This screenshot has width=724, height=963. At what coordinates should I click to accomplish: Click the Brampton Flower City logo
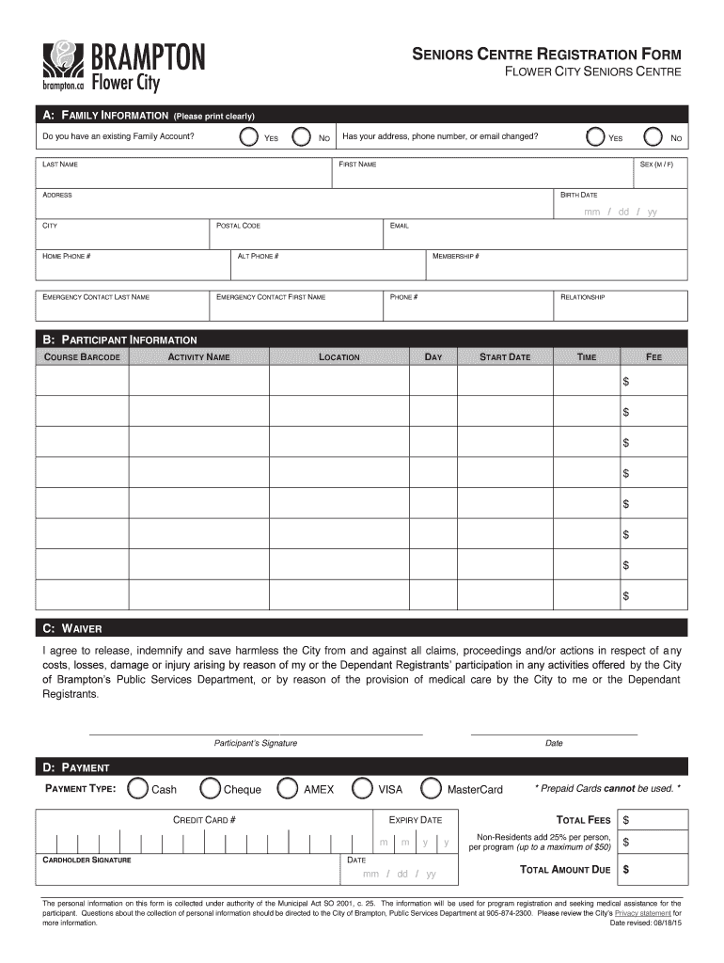click(x=121, y=66)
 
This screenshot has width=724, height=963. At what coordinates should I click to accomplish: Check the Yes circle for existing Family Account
click(x=248, y=137)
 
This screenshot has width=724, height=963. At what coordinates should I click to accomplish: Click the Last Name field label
click(x=60, y=165)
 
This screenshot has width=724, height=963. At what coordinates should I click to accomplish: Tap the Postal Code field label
click(x=239, y=226)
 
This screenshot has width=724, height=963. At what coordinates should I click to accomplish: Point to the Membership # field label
click(x=457, y=256)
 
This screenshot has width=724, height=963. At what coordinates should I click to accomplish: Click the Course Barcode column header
click(x=82, y=357)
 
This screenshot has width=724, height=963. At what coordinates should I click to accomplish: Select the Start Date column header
click(x=505, y=357)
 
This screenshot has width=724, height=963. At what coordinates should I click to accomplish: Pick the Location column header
click(x=339, y=357)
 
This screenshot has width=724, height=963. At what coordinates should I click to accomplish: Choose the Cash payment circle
click(x=137, y=788)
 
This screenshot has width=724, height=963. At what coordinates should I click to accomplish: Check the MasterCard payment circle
click(x=432, y=788)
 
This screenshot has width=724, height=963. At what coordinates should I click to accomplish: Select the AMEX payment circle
click(x=289, y=788)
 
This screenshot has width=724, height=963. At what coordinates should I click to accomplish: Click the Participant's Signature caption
click(x=256, y=743)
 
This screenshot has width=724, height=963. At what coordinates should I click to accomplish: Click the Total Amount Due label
click(x=565, y=869)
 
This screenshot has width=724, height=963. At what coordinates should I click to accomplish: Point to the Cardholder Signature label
click(x=87, y=860)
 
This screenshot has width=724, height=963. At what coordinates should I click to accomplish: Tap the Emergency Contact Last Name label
click(x=96, y=297)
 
